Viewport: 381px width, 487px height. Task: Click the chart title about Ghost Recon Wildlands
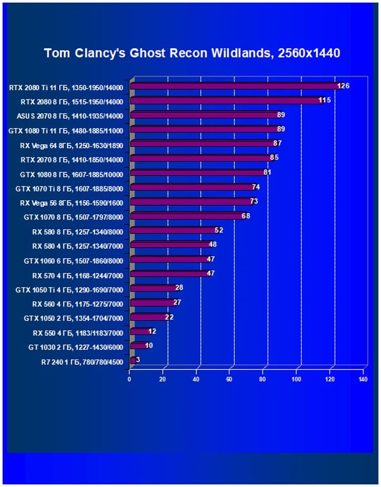pos(192,53)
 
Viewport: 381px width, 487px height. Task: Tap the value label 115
pos(324,101)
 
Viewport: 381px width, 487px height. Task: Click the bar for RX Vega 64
pos(202,144)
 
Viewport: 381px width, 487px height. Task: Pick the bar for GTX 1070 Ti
pos(192,188)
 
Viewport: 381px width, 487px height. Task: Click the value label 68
pos(246,216)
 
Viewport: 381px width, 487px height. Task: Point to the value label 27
pos(177,302)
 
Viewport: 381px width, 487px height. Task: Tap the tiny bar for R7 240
pos(133,360)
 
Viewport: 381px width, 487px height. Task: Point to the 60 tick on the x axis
pos(230,379)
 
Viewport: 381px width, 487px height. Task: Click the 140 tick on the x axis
pos(363,379)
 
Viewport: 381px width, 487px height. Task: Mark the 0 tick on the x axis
pos(130,379)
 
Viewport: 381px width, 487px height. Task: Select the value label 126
pos(344,86)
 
